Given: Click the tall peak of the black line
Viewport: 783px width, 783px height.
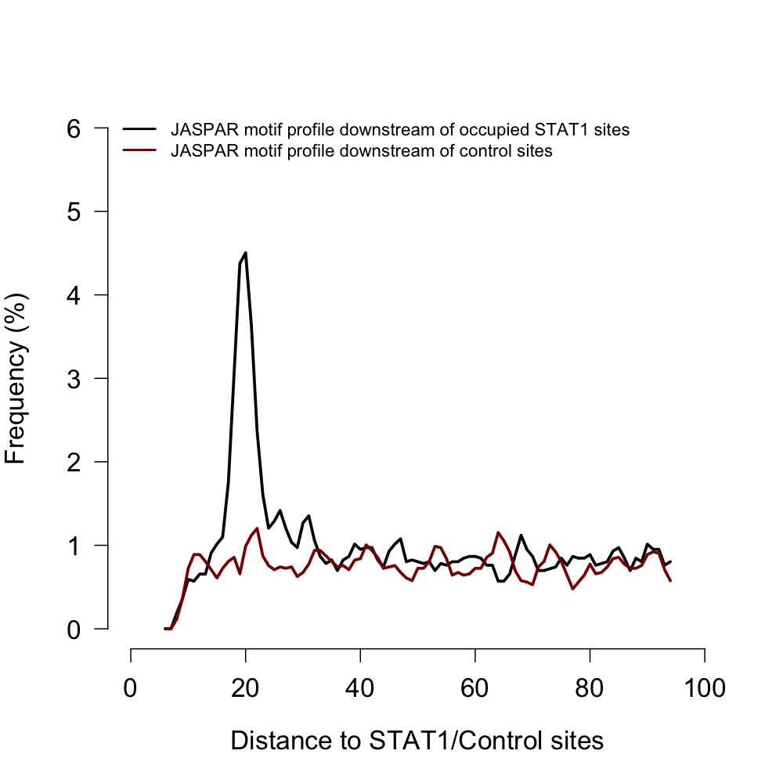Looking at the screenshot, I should click(x=245, y=253).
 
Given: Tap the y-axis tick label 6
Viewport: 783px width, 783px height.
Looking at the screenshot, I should click(x=73, y=128).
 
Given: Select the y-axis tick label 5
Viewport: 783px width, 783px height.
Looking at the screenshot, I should click(x=73, y=212).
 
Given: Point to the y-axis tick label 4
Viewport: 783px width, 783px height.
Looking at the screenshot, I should click(x=73, y=295).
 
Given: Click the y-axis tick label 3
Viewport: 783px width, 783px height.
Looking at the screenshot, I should click(x=73, y=379).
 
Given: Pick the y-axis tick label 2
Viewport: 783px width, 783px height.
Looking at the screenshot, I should click(x=73, y=462).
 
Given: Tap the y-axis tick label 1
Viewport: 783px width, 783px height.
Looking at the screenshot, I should click(x=73, y=546).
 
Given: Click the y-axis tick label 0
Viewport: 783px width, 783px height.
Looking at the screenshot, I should click(x=73, y=630).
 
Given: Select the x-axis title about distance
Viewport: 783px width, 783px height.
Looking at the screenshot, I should click(x=417, y=740).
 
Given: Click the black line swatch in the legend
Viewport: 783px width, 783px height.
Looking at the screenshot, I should click(x=140, y=129).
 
